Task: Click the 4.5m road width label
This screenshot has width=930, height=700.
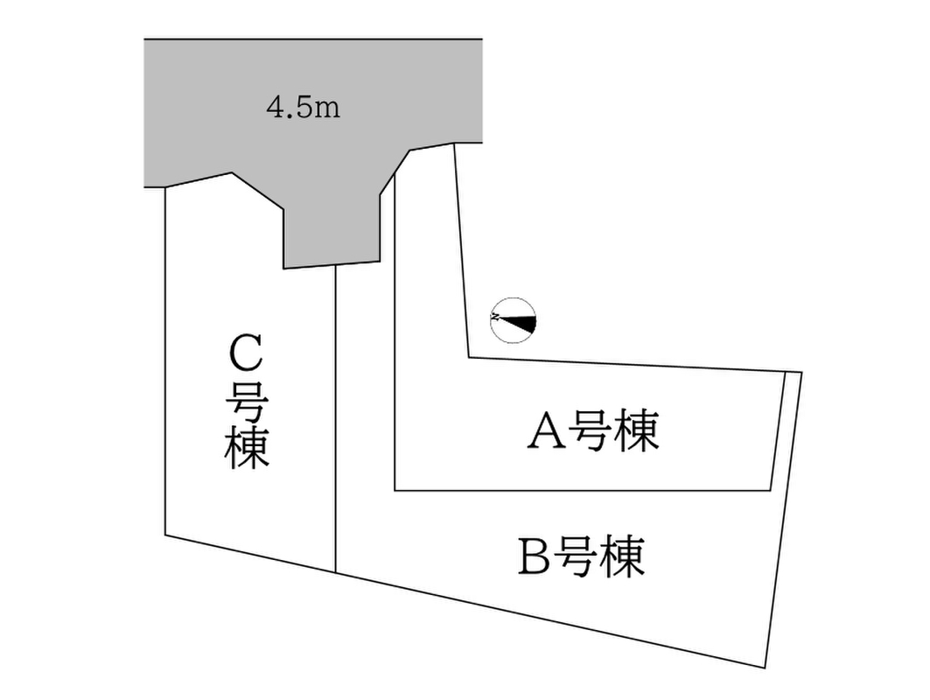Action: click(304, 108)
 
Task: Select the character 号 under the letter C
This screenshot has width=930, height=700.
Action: click(247, 401)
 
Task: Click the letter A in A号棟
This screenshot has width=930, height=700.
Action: click(547, 430)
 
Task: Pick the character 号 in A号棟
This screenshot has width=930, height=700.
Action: click(591, 430)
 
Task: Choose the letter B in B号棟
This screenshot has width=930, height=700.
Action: click(534, 556)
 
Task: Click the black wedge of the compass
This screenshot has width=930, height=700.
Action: click(522, 323)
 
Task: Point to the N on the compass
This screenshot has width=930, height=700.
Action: click(495, 318)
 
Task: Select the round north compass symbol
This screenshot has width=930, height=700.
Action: click(514, 320)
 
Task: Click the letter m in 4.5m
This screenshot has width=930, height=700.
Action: click(327, 110)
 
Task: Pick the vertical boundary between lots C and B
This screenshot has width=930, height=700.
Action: click(336, 419)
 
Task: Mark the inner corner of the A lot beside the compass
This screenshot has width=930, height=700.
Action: click(469, 357)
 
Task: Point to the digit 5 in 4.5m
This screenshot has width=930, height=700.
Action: click(301, 108)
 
